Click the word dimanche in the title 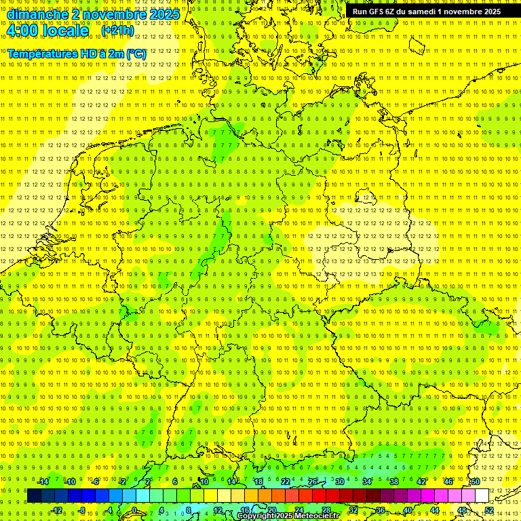coord(37,14)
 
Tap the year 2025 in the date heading coord(162,14)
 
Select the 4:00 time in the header coord(28,31)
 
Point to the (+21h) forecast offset coord(117,31)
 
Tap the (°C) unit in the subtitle coord(136,53)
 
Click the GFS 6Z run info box coord(427,12)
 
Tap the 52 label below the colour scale coord(489,510)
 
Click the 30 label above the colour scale coord(339,482)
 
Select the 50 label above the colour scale coord(476,482)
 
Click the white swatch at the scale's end coord(482,496)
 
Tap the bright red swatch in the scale coord(319,496)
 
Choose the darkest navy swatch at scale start coord(34,496)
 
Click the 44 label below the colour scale coord(435,510)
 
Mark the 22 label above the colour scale coord(286,482)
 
